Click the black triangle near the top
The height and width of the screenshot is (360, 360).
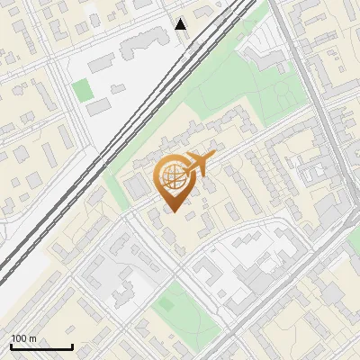(x=181, y=24)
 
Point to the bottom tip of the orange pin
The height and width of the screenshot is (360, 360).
(x=172, y=211)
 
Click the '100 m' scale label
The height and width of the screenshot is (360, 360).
(x=23, y=339)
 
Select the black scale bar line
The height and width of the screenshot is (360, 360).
(x=41, y=347)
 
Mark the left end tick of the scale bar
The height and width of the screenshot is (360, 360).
(x=11, y=346)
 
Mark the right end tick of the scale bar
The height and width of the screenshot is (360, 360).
(x=72, y=346)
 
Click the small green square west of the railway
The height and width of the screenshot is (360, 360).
(x=83, y=89)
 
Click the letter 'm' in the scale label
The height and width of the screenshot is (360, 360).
(x=32, y=339)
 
